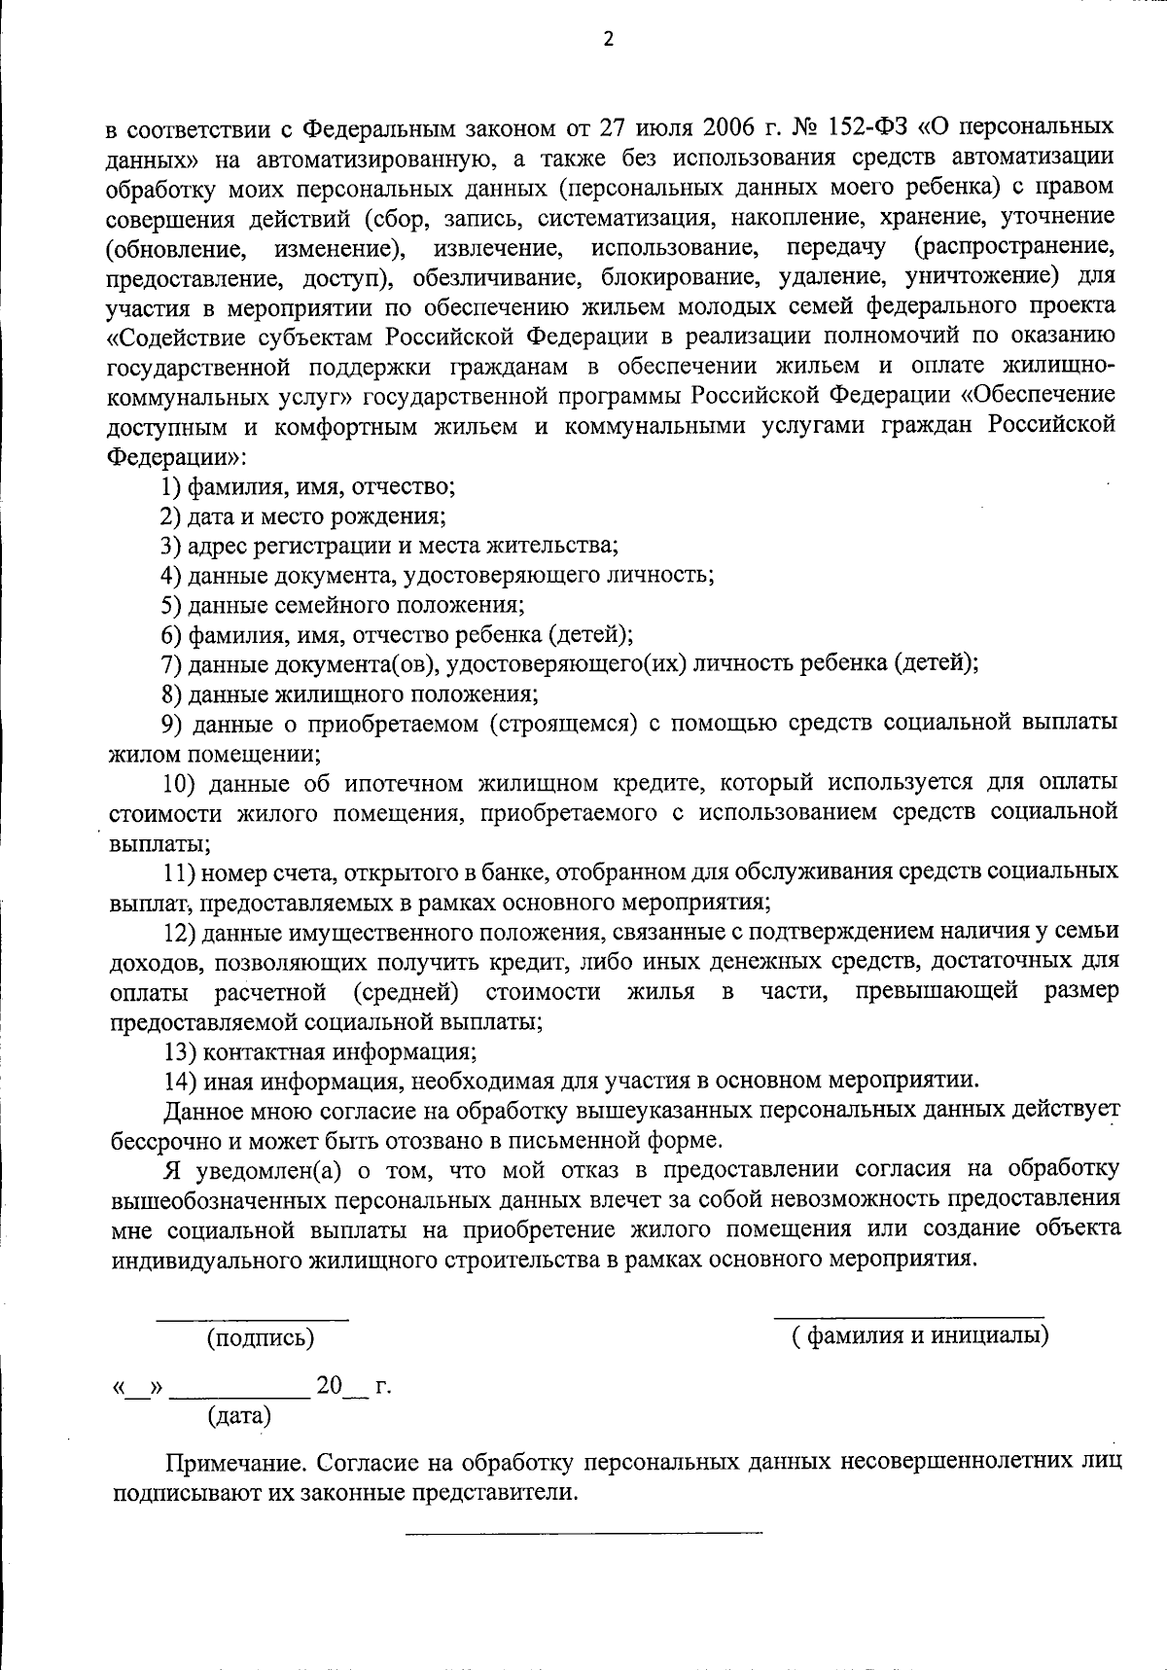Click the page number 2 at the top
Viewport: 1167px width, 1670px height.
609,39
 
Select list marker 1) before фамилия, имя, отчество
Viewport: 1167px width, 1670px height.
171,486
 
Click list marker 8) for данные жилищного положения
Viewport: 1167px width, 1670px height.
172,694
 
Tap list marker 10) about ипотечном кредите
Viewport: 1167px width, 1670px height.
179,783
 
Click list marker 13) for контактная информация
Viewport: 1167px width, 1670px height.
179,1051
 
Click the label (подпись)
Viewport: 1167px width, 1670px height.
261,1338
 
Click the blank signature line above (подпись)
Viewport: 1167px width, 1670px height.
253,1320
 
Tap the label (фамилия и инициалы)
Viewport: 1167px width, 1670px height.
919,1335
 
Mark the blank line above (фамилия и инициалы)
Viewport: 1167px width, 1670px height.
908,1318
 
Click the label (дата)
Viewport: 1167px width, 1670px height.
239,1415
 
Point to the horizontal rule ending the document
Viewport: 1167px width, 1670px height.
583,1534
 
